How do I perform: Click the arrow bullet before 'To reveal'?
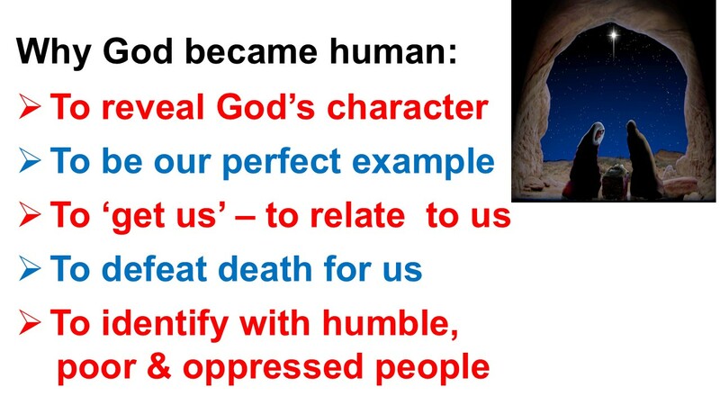(x=30, y=109)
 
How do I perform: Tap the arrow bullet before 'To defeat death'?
(x=30, y=269)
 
